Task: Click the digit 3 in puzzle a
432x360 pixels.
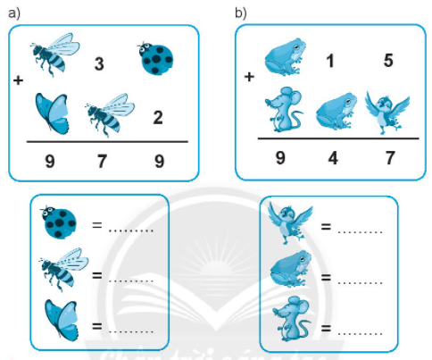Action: point(99,64)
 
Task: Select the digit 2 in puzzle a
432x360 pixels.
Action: point(158,118)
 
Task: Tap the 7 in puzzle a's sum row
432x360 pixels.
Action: point(102,161)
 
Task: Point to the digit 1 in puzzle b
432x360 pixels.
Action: point(330,61)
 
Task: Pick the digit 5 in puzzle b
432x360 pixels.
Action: point(388,61)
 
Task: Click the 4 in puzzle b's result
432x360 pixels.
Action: point(333,158)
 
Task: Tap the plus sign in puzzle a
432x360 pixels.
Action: point(18,80)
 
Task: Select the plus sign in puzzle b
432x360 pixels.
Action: point(249,77)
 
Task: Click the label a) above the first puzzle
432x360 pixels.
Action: point(14,13)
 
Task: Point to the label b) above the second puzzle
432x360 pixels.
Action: point(241,13)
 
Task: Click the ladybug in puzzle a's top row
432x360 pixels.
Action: point(155,58)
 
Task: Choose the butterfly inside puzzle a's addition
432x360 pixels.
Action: point(53,113)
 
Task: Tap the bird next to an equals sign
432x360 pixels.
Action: point(290,222)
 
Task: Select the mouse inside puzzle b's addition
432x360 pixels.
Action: point(283,110)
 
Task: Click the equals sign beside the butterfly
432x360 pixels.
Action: point(97,326)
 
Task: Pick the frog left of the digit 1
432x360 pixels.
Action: point(286,56)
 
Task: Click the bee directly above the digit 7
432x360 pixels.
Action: point(110,114)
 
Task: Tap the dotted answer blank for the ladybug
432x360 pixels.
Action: point(131,230)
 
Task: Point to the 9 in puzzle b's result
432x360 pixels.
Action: point(280,157)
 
